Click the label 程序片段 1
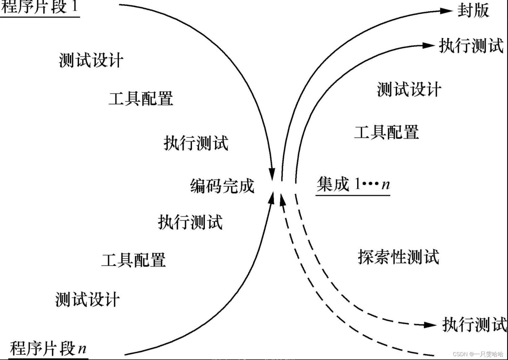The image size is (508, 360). point(40,6)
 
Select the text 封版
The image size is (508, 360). point(473,11)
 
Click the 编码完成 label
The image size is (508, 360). point(222,186)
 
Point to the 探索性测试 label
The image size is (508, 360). point(398,257)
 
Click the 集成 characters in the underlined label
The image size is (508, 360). point(333,184)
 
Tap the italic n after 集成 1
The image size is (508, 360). point(386,185)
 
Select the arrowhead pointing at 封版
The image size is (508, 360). point(446,11)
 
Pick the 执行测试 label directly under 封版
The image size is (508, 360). point(471,46)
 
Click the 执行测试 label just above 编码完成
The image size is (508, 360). point(196,143)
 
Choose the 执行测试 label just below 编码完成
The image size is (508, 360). point(190,222)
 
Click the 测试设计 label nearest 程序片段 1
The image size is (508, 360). point(91,60)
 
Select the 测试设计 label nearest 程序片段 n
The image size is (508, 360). point(88,299)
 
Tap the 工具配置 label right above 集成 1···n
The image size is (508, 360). point(386,132)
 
